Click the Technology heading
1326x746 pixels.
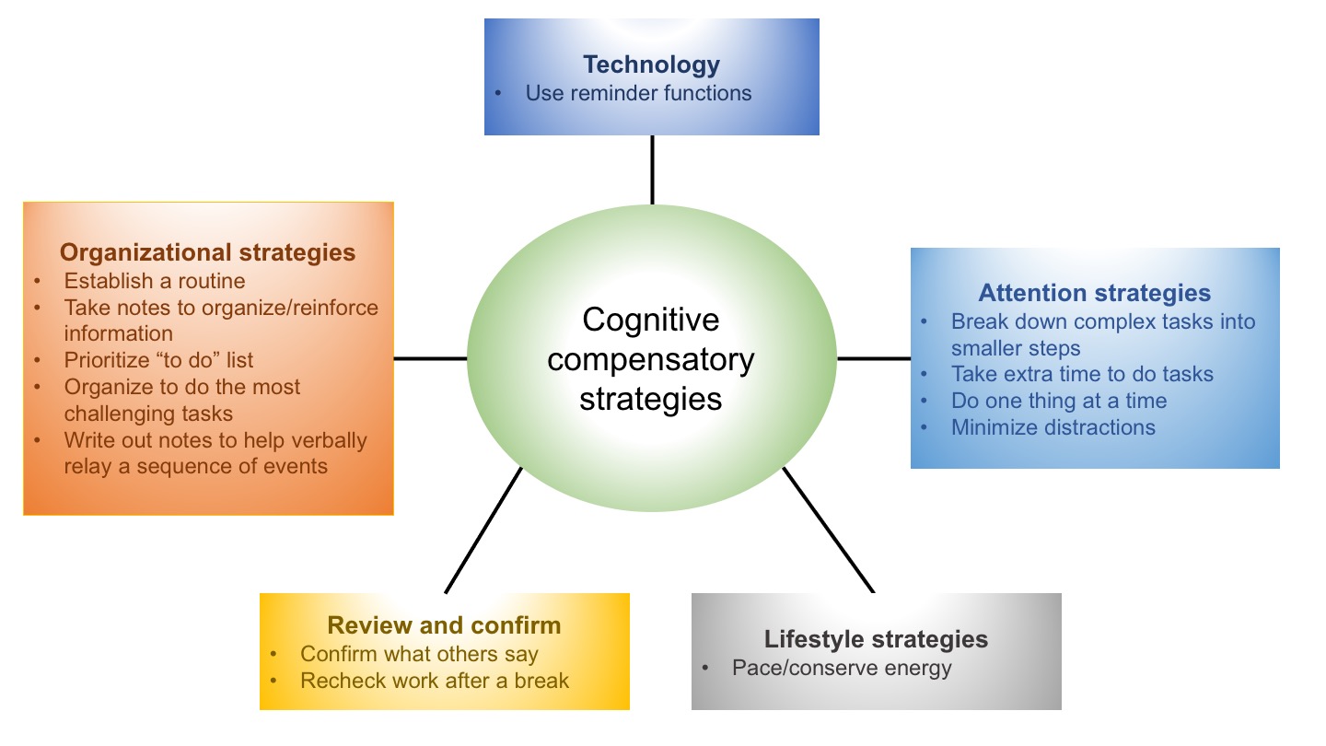[x=651, y=64]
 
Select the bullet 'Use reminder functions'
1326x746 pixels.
[x=638, y=93]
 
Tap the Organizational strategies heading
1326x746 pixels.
[x=207, y=252]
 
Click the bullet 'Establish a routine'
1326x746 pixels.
[x=155, y=280]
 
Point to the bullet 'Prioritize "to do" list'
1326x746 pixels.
[x=158, y=360]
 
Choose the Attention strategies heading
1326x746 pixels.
[x=1094, y=294]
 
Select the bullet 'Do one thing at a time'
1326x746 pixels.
[x=1059, y=401]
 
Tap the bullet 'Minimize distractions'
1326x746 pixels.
[x=1053, y=427]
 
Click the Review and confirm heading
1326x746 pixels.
[x=444, y=626]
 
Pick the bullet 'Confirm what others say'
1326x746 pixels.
[x=419, y=654]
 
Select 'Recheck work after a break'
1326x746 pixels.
[x=435, y=682]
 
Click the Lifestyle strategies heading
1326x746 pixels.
[x=876, y=639]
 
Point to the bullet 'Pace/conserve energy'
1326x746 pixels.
[x=842, y=668]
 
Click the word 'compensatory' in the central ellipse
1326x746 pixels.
[x=651, y=359]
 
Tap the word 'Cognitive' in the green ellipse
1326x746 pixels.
[x=651, y=320]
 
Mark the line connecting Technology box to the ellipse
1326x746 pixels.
[x=652, y=169]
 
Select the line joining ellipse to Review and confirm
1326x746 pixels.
[x=483, y=530]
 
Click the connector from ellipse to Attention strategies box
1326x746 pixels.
[x=873, y=358]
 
